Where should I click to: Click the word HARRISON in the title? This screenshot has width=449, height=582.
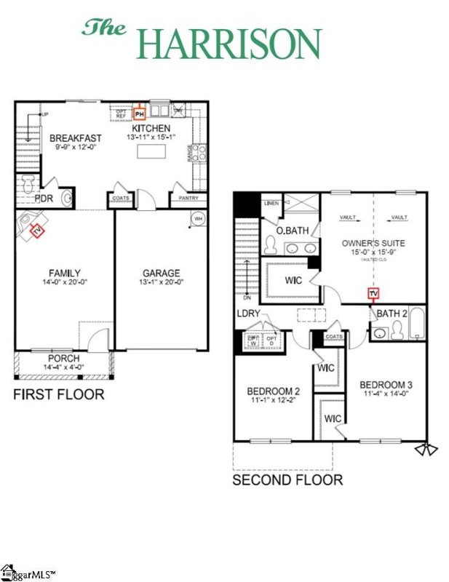[x=229, y=43]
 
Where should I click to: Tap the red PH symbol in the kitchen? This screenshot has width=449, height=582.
[x=140, y=113]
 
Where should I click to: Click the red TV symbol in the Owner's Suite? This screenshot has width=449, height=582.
[x=373, y=294]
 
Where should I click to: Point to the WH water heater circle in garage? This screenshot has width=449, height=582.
[x=197, y=218]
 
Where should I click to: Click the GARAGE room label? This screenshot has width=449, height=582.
[x=162, y=274]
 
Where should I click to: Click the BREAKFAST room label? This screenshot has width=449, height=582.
[x=75, y=137]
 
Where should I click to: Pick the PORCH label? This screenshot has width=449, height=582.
[x=64, y=359]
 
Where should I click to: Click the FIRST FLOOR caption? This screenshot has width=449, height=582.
[x=59, y=395]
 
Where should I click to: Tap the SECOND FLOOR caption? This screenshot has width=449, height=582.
[x=287, y=480]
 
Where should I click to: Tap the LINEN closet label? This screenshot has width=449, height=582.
[x=272, y=203]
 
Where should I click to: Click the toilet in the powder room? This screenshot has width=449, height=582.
[x=28, y=180]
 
